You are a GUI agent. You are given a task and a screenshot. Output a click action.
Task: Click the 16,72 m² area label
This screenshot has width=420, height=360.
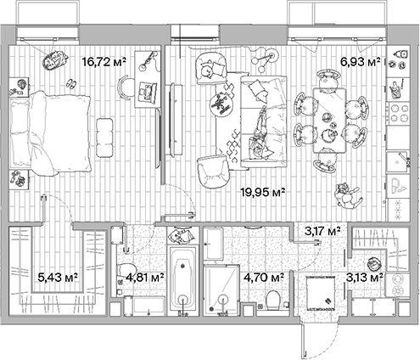[104, 61]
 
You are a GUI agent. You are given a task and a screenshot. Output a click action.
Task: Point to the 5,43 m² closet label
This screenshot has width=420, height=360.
[58, 276]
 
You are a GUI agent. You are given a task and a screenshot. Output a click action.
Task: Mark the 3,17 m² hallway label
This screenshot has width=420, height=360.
[322, 230]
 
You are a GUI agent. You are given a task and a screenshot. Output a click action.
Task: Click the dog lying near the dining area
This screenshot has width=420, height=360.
[346, 196]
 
